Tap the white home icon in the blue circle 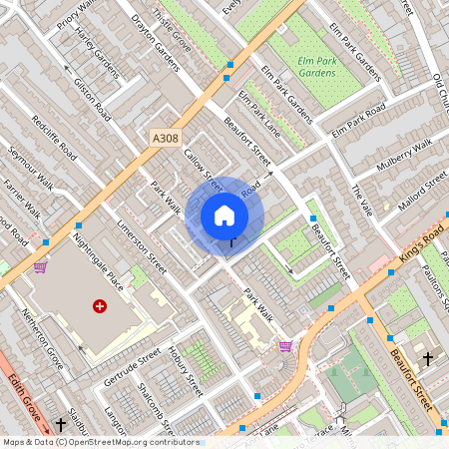224,215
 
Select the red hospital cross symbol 99,306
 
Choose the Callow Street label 203,166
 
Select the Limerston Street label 141,246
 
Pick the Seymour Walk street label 31,171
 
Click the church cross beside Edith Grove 60,425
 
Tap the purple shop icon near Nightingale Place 40,266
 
